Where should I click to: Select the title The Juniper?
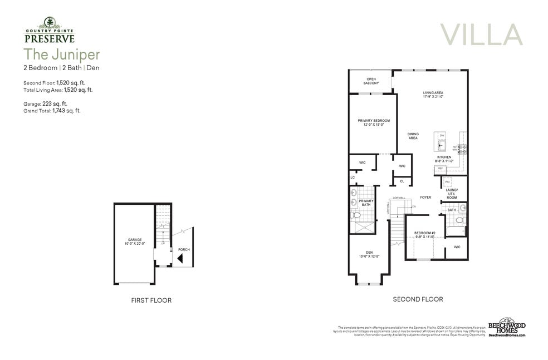pos(61,55)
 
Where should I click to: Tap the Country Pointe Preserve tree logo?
pos(50,23)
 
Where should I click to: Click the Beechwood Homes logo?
pos(506,328)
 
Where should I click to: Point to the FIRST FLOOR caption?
pos(151,300)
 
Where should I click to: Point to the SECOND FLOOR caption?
pos(418,299)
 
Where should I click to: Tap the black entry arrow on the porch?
pos(180,259)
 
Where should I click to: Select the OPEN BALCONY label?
pos(371,81)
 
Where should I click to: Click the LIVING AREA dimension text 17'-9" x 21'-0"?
pos(433,97)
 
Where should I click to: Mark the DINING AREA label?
pos(413,136)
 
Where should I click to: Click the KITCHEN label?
pos(444,157)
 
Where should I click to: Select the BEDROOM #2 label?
pos(424,233)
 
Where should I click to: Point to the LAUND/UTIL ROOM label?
pos(452,194)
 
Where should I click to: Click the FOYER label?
pos(425,197)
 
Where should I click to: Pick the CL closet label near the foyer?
pos(402,181)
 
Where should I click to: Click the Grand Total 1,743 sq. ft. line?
pos(52,111)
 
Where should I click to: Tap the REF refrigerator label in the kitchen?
pos(440,167)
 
